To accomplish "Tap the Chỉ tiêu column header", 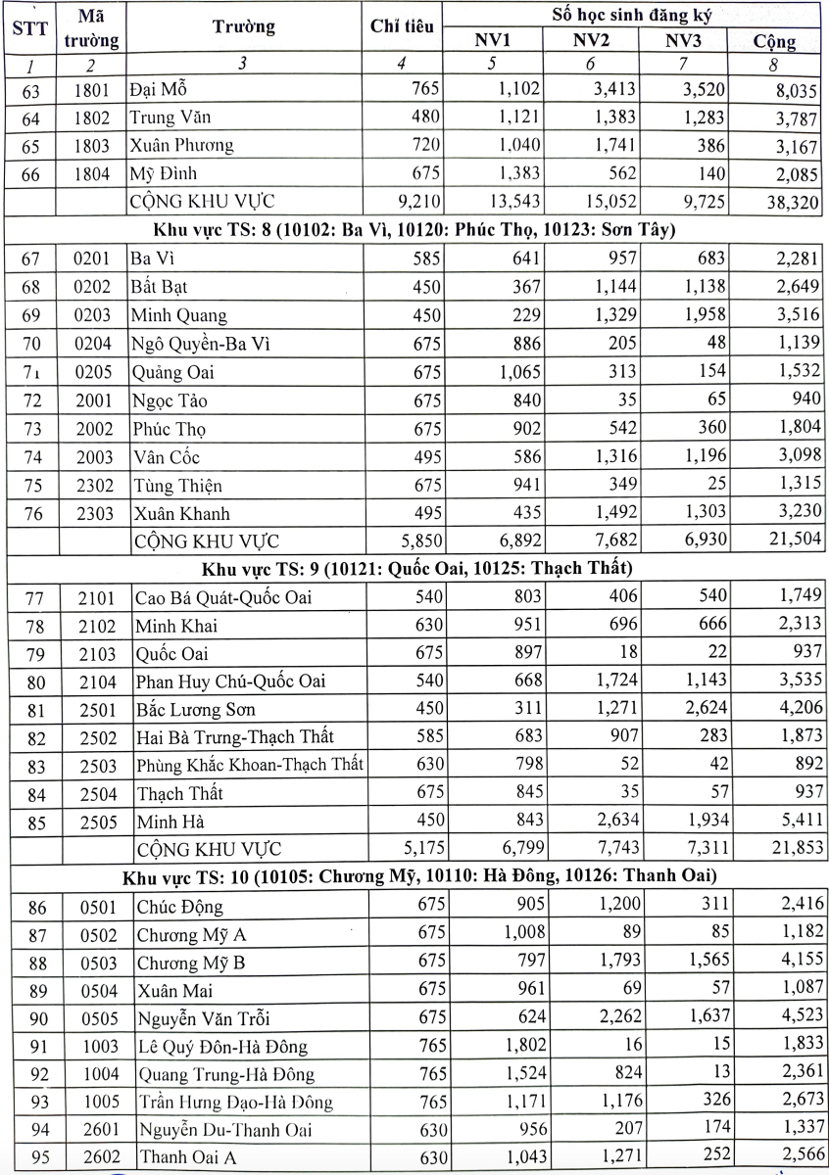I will pos(402,27).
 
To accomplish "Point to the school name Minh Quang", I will pos(178,315).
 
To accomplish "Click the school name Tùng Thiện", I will pos(176,485).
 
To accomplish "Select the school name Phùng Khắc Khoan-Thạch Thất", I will pos(250,766).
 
